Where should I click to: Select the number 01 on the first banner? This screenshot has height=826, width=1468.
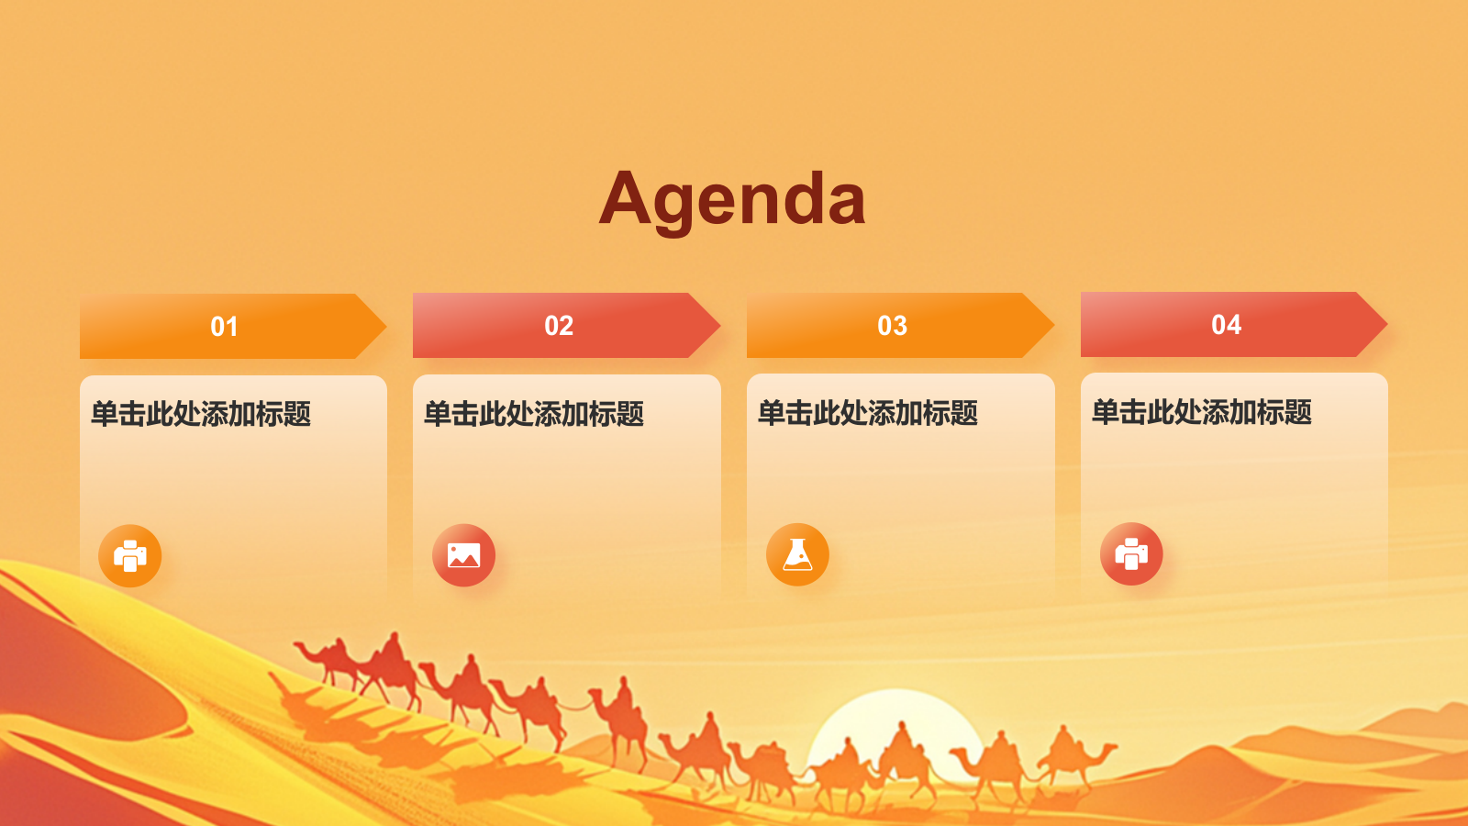pos(224,327)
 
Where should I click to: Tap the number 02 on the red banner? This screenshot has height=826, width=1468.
pos(559,326)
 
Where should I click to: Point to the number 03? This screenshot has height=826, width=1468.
pos(892,326)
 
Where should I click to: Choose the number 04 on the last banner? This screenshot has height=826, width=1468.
pos(1226,325)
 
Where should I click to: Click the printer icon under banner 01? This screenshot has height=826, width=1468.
pos(129,556)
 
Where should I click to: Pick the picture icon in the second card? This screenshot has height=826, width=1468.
pos(463,555)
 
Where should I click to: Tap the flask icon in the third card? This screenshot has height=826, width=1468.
pos(797,554)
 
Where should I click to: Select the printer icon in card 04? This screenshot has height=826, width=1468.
pos(1131,554)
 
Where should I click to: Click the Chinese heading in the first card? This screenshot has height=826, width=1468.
pos(201,414)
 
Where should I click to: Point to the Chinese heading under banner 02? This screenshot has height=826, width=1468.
pos(534,414)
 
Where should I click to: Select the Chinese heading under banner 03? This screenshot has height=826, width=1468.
pos(868,414)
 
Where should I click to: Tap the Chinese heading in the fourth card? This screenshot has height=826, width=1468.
pos(1202,412)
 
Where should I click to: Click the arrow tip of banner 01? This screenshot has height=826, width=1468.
pos(386,326)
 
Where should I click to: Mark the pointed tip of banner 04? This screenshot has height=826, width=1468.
pos(1386,324)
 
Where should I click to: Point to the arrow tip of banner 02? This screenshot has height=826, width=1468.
pos(719,325)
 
